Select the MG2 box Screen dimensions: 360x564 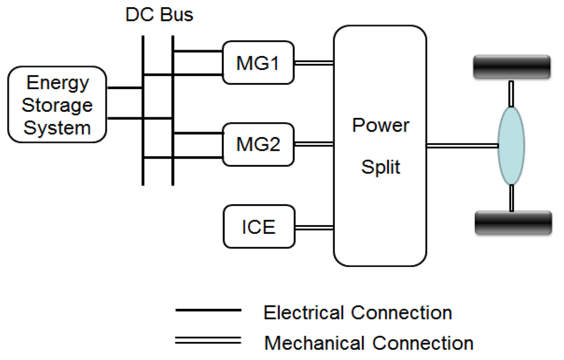(x=258, y=145)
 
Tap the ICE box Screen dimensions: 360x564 (x=258, y=226)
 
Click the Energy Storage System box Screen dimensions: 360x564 (x=57, y=105)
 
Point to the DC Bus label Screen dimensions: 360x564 (x=160, y=15)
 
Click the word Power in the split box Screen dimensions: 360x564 (x=381, y=126)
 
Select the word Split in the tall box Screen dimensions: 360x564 (x=381, y=167)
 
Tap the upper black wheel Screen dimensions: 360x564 (x=512, y=67)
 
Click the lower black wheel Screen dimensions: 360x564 (x=513, y=223)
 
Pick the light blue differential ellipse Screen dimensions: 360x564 (x=511, y=145)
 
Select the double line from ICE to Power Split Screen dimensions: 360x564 (x=314, y=226)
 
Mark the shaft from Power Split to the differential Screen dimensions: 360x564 (x=462, y=145)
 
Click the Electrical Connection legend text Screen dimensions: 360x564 (x=357, y=313)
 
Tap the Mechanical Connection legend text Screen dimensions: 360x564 (x=368, y=343)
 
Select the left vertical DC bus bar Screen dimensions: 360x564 (x=143, y=110)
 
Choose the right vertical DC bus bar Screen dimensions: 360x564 (x=173, y=110)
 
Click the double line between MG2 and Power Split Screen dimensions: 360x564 (x=314, y=145)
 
